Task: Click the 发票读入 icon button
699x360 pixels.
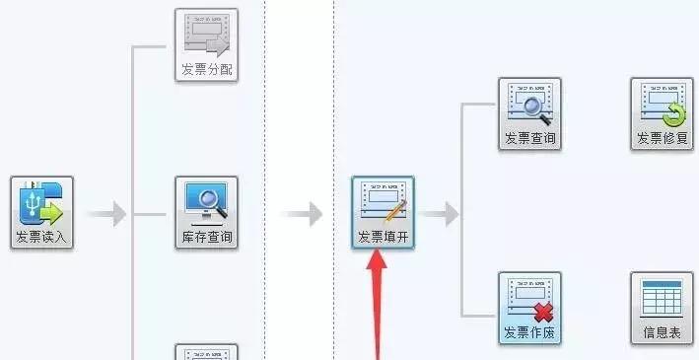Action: pyautogui.click(x=42, y=211)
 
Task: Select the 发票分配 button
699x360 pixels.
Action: pyautogui.click(x=206, y=44)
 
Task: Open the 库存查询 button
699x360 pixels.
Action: pyautogui.click(x=206, y=211)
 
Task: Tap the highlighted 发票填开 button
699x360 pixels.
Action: pyautogui.click(x=384, y=211)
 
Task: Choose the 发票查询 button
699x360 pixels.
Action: pyautogui.click(x=529, y=112)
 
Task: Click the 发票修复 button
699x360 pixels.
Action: pyautogui.click(x=662, y=112)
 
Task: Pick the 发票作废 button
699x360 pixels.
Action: pyautogui.click(x=529, y=308)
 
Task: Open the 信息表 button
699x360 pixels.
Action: pyautogui.click(x=662, y=308)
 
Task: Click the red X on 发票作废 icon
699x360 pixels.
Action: pyautogui.click(x=542, y=312)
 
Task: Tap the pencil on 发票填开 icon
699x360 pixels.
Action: pyautogui.click(x=393, y=209)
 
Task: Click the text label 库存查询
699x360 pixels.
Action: pyautogui.click(x=206, y=238)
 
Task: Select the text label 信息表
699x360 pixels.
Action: pyautogui.click(x=662, y=333)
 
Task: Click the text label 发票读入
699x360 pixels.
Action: pyautogui.click(x=42, y=238)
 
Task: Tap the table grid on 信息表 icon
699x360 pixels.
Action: pyautogui.click(x=662, y=297)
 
